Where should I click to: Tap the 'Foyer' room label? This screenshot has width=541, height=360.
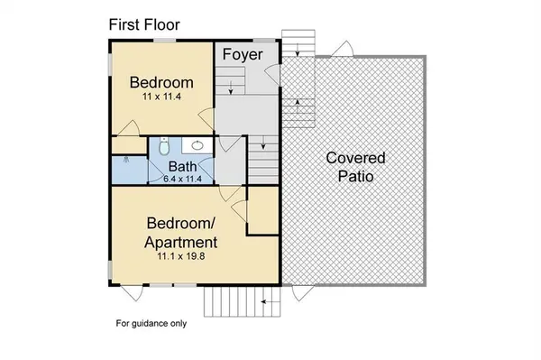[x=244, y=55]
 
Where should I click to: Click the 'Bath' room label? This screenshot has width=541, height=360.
[x=183, y=167]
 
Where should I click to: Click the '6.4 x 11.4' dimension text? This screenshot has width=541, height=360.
[x=184, y=180]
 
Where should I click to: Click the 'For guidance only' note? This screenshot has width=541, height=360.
[x=151, y=323]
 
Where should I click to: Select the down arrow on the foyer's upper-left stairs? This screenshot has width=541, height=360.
[x=230, y=88]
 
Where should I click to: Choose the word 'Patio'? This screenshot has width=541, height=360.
[x=355, y=177]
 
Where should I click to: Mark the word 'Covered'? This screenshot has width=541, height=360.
[x=355, y=158]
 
